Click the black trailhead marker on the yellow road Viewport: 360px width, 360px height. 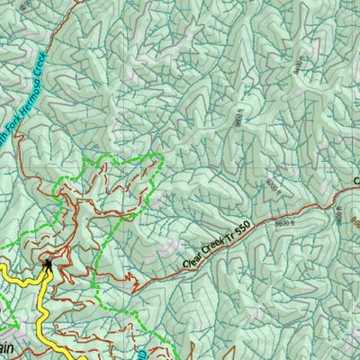47,264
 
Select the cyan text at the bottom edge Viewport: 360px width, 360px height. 142,354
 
